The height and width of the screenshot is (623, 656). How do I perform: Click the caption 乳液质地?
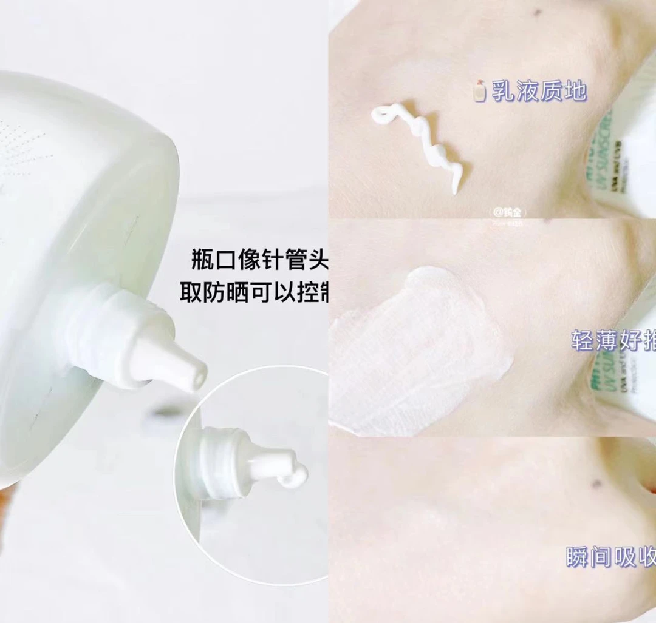click(538, 92)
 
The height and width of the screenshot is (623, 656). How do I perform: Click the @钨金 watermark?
click(508, 212)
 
